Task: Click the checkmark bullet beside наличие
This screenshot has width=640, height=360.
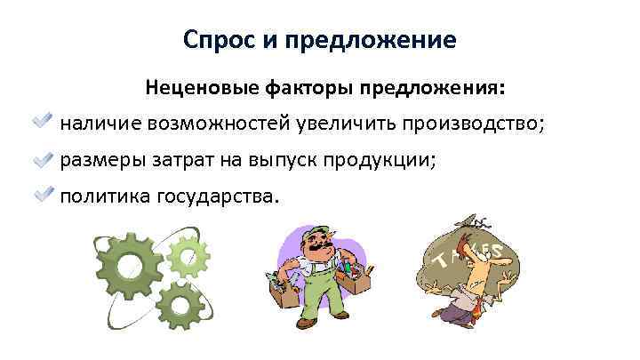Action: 43,122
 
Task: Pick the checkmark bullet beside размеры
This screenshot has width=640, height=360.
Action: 43,159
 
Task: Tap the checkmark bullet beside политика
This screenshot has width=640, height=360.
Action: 43,195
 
